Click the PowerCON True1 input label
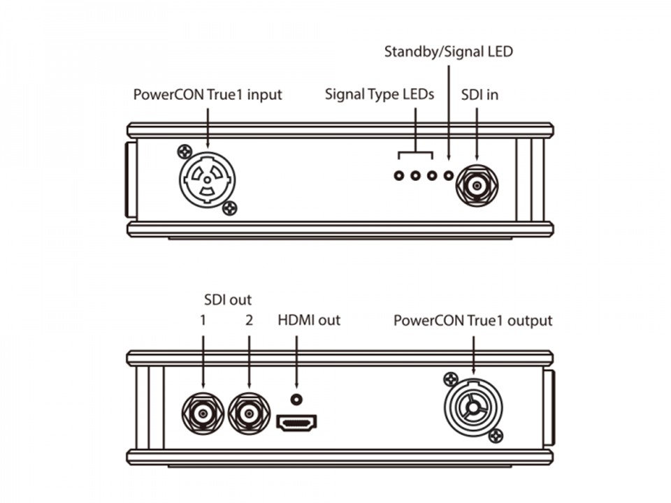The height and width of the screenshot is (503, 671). [208, 94]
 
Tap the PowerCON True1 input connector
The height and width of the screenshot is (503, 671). [208, 178]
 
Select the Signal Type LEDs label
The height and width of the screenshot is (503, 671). [379, 94]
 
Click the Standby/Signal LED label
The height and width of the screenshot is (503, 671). [448, 52]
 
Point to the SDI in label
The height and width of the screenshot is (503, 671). [479, 94]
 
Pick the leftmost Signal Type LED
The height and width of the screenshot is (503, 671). [398, 175]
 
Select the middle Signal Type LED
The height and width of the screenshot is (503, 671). [415, 175]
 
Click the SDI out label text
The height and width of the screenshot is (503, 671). [227, 300]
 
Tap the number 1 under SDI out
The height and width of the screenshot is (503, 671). [203, 321]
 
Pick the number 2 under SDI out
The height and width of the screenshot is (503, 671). [249, 321]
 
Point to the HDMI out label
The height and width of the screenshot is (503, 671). [309, 321]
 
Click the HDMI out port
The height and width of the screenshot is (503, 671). [297, 422]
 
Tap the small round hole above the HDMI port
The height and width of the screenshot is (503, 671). [297, 399]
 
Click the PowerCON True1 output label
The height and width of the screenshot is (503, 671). [472, 321]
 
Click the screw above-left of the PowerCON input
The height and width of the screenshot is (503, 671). [185, 150]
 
